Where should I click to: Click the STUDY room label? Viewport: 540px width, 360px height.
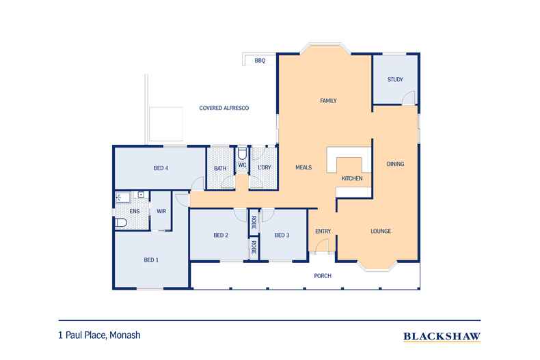[395, 80]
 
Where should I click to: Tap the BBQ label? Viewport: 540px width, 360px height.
[259, 61]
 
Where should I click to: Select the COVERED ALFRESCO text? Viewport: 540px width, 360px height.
[224, 109]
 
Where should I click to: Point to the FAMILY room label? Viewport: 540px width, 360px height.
[329, 100]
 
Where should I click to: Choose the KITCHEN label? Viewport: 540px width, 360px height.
[351, 178]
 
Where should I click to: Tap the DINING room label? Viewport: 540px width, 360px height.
[395, 164]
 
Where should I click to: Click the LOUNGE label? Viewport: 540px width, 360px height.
[381, 231]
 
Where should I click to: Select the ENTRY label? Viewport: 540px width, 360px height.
[323, 232]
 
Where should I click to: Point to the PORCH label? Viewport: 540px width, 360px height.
[322, 276]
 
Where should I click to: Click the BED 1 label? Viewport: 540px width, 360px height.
[151, 260]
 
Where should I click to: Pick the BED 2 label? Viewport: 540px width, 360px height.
[220, 236]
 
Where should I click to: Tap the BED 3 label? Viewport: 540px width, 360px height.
[282, 236]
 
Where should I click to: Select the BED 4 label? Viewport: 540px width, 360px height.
[161, 168]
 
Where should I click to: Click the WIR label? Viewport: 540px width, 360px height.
[161, 212]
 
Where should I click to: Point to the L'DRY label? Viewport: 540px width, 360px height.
[265, 168]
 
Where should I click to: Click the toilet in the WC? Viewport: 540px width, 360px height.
[243, 152]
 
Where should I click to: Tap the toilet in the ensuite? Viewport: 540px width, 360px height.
[120, 222]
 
